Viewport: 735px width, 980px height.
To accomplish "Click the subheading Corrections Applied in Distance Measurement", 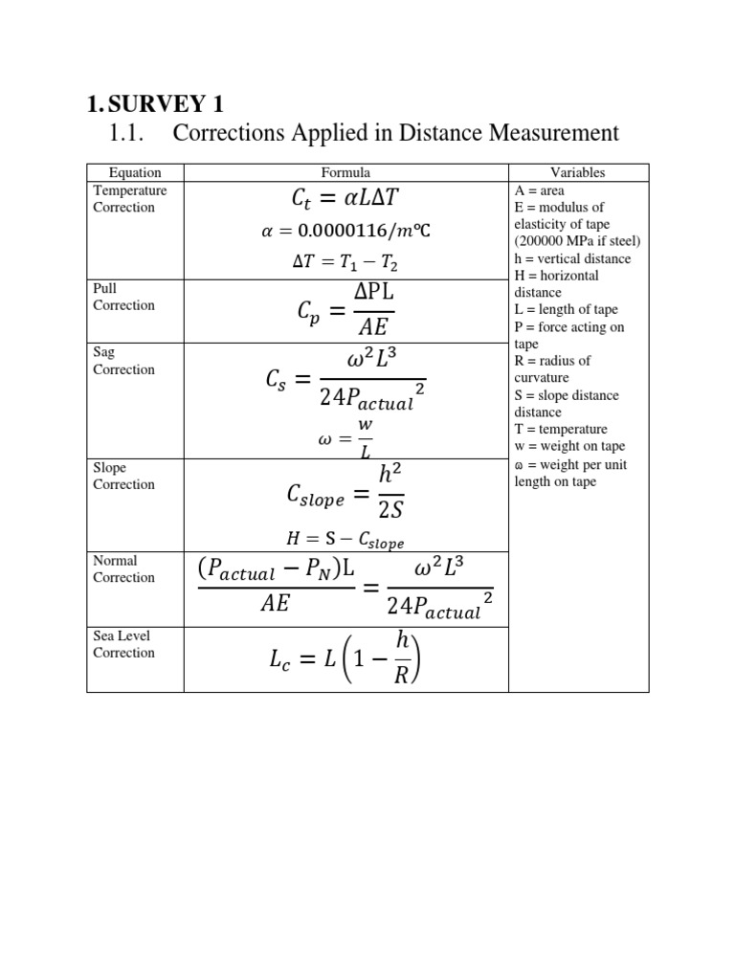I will coord(395,132).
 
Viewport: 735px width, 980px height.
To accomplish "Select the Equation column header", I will coord(135,172).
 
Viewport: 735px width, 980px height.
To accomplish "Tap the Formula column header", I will coord(345,172).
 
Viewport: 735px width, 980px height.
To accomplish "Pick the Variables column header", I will coord(578,172).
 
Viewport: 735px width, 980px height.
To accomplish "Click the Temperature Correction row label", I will coord(129,198).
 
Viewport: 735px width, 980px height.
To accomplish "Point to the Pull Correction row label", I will coord(123,296).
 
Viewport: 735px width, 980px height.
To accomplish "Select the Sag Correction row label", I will coord(123,361).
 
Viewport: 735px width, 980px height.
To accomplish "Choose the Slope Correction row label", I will coord(123,476).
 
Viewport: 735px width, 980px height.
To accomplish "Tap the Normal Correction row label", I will coord(123,568).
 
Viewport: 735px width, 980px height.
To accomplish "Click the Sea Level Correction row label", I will coord(123,644).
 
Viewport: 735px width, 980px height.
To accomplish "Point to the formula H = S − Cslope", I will coord(345,541).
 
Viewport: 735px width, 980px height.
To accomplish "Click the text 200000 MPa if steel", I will coord(577,241).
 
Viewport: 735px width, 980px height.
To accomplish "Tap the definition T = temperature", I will coord(561,430).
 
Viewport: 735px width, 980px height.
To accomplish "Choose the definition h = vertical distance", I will coord(572,258).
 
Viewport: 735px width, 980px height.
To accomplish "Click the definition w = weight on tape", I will coord(568,447).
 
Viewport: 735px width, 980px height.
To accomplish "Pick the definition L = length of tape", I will coord(566,309).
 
